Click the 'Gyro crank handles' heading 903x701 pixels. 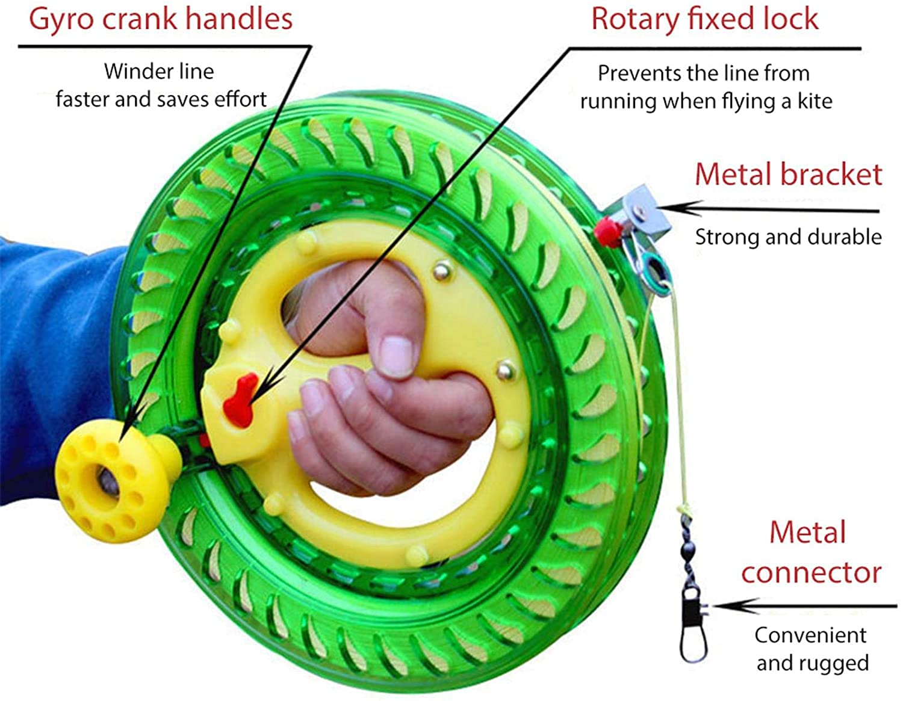(161, 19)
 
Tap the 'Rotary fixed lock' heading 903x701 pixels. (704, 19)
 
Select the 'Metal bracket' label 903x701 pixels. (788, 174)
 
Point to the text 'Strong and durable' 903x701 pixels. (788, 236)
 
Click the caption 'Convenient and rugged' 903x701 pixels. (811, 649)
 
